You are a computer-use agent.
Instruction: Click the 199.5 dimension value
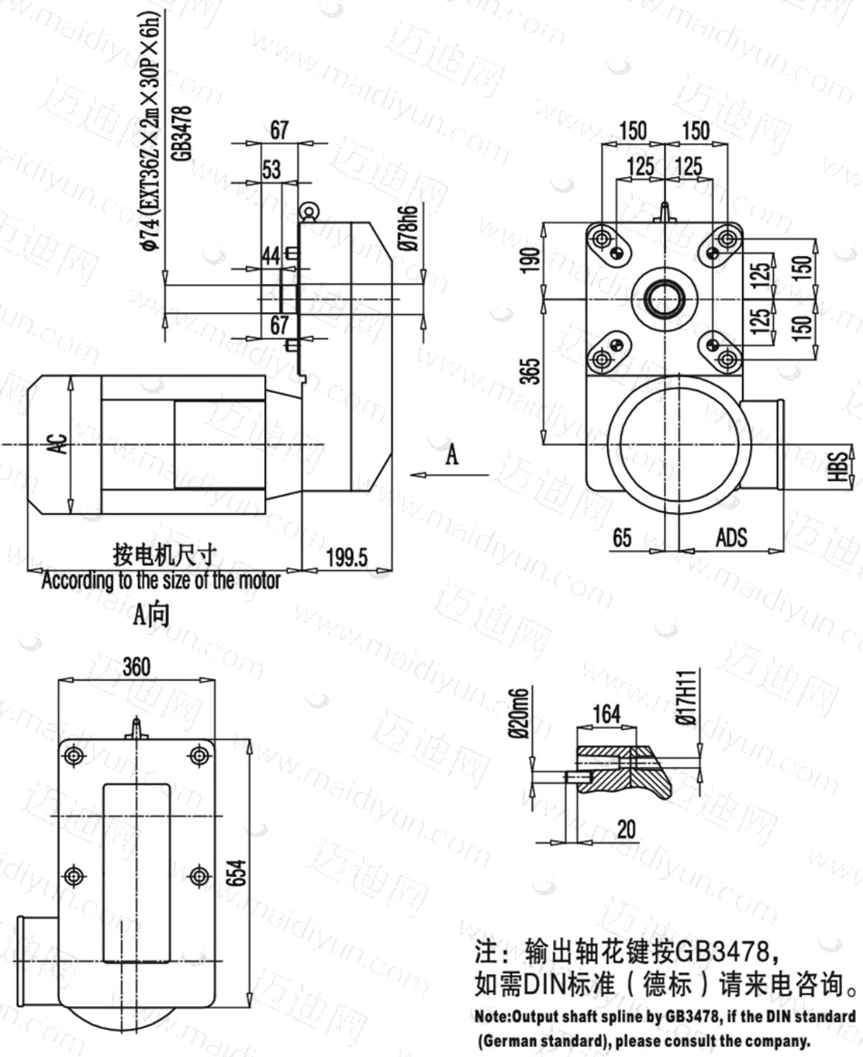pyautogui.click(x=347, y=557)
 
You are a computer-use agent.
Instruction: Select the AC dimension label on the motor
pyautogui.click(x=60, y=444)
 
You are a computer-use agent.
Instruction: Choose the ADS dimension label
pyautogui.click(x=731, y=538)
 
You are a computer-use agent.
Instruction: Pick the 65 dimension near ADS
pyautogui.click(x=622, y=538)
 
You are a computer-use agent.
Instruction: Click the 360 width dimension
pyautogui.click(x=137, y=667)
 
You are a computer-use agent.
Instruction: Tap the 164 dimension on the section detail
pyautogui.click(x=606, y=714)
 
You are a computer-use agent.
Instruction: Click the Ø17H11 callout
pyautogui.click(x=688, y=697)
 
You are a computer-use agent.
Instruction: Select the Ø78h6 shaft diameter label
pyautogui.click(x=410, y=227)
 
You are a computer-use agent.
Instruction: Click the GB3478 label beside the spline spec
pyautogui.click(x=183, y=133)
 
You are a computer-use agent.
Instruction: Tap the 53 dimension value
pyautogui.click(x=272, y=170)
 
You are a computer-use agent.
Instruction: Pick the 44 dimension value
pyautogui.click(x=271, y=256)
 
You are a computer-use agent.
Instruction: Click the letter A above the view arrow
pyautogui.click(x=452, y=454)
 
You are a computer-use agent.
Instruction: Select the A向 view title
pyautogui.click(x=150, y=615)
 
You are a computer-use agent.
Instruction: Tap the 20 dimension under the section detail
pyautogui.click(x=626, y=830)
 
